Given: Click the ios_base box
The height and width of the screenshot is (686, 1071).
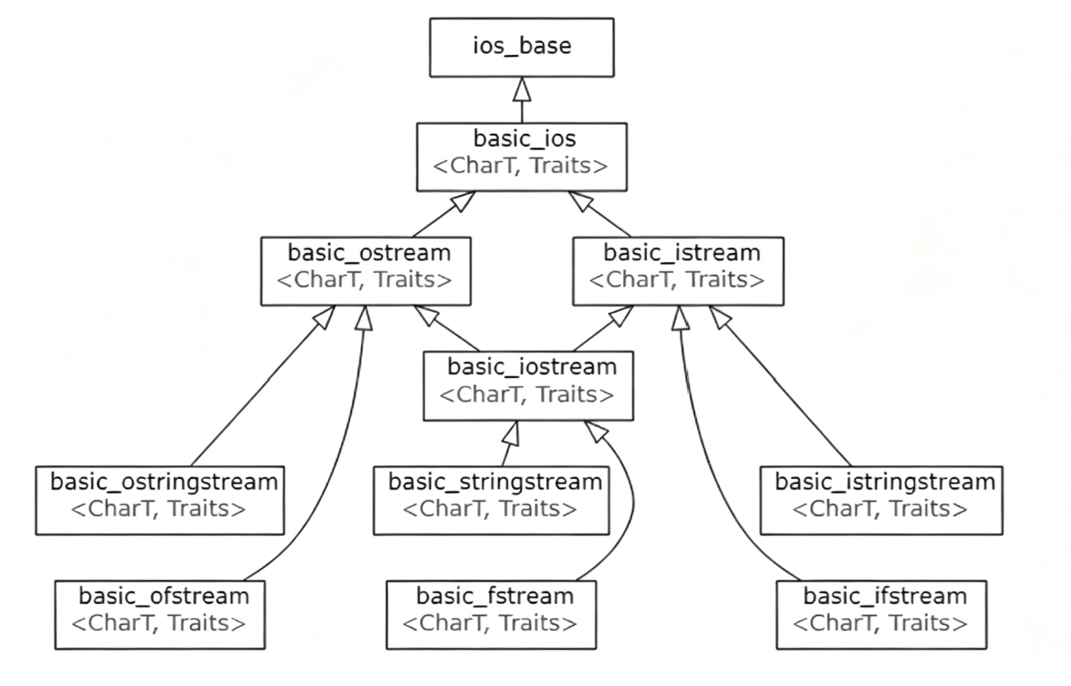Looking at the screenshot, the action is click(522, 48).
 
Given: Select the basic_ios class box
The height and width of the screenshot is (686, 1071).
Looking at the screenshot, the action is click(522, 157).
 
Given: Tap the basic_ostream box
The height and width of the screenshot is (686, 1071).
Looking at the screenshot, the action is click(366, 271).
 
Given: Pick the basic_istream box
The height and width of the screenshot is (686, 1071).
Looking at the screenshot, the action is click(678, 271).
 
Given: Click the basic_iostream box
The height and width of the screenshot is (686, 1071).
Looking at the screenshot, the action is click(529, 386).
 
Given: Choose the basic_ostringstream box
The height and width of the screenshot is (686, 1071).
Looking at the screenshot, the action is click(159, 500).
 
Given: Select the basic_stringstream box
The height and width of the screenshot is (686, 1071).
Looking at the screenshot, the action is click(491, 500).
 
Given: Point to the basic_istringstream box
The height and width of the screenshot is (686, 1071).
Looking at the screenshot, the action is click(881, 500).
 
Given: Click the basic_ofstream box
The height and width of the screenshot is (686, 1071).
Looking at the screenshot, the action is click(159, 615).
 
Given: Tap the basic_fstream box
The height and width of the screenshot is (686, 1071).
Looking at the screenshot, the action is click(491, 615).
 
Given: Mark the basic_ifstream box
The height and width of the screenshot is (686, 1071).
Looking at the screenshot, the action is click(881, 615).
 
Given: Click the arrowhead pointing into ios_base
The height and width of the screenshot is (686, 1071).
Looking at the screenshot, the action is click(522, 89).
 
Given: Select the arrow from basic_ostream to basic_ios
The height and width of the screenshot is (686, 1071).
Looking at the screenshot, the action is click(444, 214).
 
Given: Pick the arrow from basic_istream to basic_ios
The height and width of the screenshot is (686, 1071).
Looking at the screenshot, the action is click(599, 214).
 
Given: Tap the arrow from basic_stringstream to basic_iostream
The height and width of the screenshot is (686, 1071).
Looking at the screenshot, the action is click(510, 443).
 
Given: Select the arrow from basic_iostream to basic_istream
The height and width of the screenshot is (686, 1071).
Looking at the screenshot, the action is click(603, 329).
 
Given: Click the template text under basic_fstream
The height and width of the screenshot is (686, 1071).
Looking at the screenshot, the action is click(490, 624).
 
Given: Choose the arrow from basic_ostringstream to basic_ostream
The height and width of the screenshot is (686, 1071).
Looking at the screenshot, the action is click(262, 386).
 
